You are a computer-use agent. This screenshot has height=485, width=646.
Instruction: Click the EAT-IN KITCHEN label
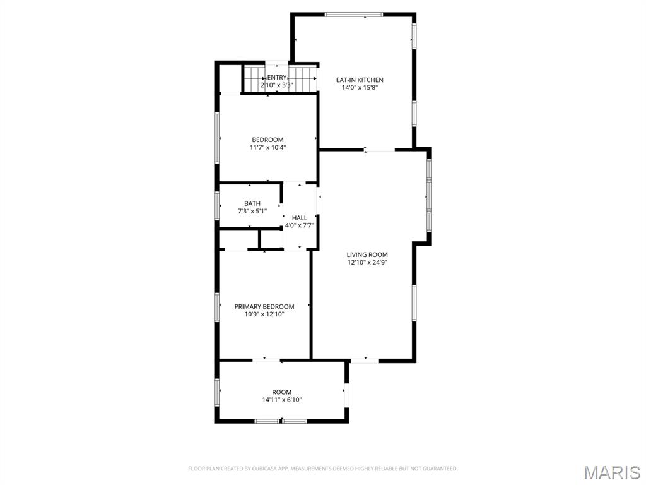(360, 80)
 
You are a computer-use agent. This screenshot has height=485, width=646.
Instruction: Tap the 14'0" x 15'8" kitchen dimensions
(360, 87)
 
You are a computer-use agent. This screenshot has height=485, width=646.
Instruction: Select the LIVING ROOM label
(367, 255)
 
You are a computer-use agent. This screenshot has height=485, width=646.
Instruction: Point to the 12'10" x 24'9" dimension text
(367, 262)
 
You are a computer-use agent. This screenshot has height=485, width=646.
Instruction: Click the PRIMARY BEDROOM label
(264, 306)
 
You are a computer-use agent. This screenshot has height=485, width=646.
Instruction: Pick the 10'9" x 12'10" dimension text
(264, 314)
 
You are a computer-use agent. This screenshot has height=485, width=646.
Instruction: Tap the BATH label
(252, 203)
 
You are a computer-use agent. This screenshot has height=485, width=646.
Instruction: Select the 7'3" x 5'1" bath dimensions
(252, 211)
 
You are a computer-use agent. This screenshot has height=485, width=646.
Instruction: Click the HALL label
(300, 218)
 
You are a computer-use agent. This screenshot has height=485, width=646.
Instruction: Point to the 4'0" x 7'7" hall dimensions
(300, 225)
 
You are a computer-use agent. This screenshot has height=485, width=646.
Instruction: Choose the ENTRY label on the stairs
(277, 78)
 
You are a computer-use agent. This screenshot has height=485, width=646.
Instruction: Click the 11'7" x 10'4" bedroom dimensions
(267, 147)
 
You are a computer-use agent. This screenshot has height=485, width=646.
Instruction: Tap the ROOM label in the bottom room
(282, 392)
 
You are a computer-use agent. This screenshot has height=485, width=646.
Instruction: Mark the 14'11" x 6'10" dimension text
(282, 400)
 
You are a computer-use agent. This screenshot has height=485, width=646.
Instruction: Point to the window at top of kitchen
(353, 15)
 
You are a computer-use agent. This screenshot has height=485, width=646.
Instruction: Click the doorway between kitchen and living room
(379, 149)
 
